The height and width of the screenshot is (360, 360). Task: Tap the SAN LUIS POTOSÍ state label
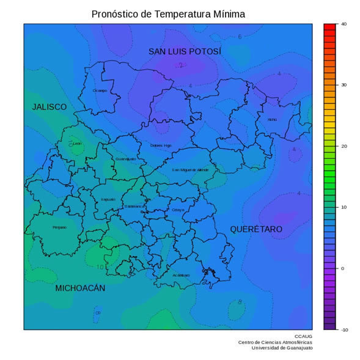pyautogui.click(x=185, y=51)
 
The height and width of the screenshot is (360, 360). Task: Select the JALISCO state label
pyautogui.click(x=49, y=107)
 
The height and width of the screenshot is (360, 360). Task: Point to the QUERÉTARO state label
pyautogui.click(x=256, y=229)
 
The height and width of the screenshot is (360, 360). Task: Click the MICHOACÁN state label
pyautogui.click(x=80, y=288)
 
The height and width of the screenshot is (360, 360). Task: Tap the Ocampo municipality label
pyautogui.click(x=100, y=90)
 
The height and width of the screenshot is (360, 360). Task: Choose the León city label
pyautogui.click(x=77, y=144)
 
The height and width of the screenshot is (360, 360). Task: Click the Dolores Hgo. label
pyautogui.click(x=161, y=145)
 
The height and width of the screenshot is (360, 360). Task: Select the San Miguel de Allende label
pyautogui.click(x=190, y=170)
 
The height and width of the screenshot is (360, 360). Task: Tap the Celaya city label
pyautogui.click(x=178, y=210)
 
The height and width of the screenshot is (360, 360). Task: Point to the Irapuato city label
pyautogui.click(x=108, y=199)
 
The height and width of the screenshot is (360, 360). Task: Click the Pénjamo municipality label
pyautogui.click(x=59, y=227)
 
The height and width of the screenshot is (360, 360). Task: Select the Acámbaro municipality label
pyautogui.click(x=181, y=275)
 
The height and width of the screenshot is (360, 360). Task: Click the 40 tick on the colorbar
pyautogui.click(x=343, y=24)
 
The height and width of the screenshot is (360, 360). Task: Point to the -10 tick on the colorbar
pyautogui.click(x=343, y=329)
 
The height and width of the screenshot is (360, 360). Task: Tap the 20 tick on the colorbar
pyautogui.click(x=343, y=146)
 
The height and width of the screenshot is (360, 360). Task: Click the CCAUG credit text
pyautogui.click(x=303, y=336)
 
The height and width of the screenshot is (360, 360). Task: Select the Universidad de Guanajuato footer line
pyautogui.click(x=282, y=348)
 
